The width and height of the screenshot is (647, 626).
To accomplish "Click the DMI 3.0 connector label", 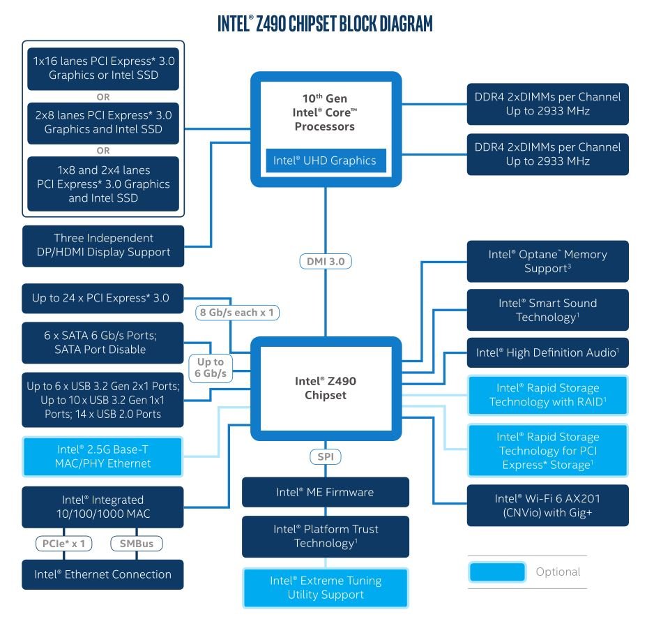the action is (326, 262).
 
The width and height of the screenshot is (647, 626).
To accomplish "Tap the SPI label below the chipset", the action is (326, 456).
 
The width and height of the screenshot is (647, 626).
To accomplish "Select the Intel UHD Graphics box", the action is (326, 161).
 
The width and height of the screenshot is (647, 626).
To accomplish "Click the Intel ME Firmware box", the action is (326, 492).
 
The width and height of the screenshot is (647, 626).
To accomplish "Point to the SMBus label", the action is (137, 544).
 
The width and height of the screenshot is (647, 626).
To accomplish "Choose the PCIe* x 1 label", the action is (64, 544).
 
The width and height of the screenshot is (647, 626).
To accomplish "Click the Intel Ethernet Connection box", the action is (102, 574).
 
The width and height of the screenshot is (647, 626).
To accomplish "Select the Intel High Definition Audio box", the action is (548, 352).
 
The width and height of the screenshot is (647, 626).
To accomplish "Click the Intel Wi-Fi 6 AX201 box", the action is (548, 505).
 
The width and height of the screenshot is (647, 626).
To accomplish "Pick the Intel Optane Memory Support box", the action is (548, 262).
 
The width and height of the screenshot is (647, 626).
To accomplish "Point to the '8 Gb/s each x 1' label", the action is (237, 313).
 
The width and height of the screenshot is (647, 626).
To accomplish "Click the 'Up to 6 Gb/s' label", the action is (211, 368).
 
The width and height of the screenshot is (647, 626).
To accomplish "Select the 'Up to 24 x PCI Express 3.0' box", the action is (102, 298).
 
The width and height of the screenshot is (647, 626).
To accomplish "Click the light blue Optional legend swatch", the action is (497, 572).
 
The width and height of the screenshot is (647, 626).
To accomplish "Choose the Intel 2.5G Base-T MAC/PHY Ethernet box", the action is (102, 456).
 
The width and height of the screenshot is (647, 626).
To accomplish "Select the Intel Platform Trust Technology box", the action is (326, 537).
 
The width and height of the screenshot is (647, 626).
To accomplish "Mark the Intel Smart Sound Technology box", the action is (548, 310).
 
